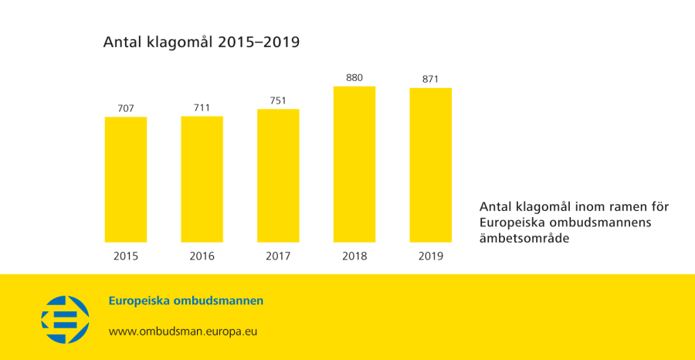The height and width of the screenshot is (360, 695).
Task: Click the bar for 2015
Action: (x=125, y=179)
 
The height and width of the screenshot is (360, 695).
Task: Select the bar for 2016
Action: (x=202, y=179)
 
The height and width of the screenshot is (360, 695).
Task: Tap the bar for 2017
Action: (x=278, y=175)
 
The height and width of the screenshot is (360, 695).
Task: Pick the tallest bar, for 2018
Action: (x=354, y=164)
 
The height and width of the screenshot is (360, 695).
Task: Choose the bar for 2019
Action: (x=430, y=165)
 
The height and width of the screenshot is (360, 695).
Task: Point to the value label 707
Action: (x=125, y=107)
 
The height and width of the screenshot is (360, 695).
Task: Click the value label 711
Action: (x=202, y=107)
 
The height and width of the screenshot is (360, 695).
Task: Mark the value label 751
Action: (x=278, y=100)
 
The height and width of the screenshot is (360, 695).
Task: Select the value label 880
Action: (x=354, y=77)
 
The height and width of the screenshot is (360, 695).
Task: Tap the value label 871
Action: (x=430, y=79)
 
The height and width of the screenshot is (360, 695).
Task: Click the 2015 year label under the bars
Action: (x=125, y=256)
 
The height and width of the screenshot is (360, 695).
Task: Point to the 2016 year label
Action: (x=202, y=256)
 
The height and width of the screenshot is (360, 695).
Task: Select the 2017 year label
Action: (x=278, y=256)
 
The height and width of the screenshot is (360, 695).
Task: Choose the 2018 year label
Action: (x=354, y=256)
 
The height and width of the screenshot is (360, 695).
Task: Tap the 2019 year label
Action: (x=430, y=256)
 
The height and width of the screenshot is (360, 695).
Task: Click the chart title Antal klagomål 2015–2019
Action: (x=201, y=42)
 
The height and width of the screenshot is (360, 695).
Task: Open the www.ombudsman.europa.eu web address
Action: (x=182, y=331)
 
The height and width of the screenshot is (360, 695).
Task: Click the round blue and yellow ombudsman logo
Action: (x=65, y=319)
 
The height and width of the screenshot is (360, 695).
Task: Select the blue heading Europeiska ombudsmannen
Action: (x=185, y=301)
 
